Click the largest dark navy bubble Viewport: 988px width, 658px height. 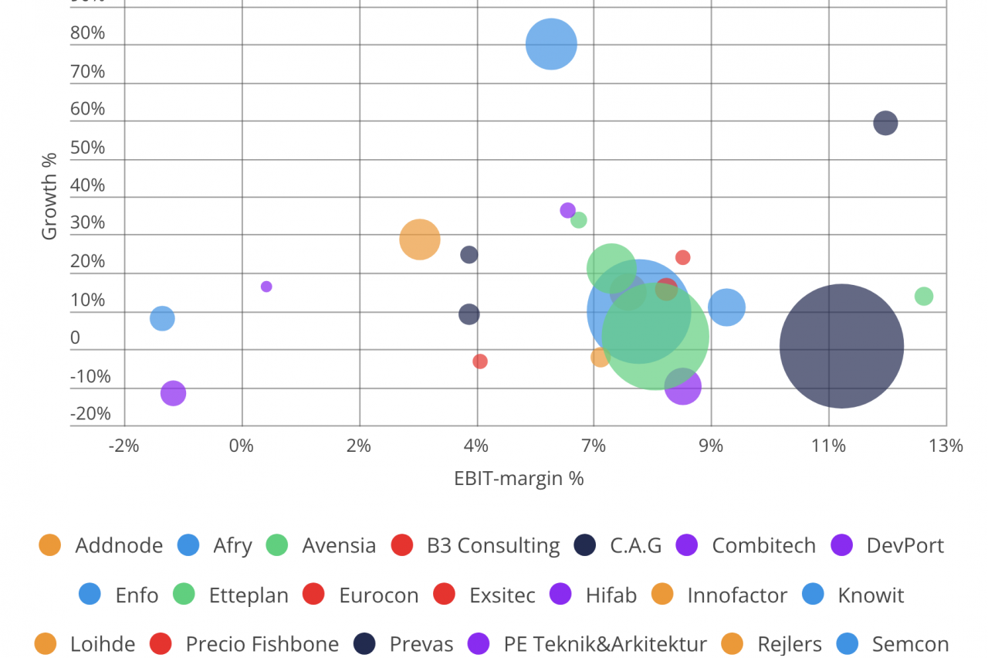coord(841,346)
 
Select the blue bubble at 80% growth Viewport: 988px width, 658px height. coord(551,44)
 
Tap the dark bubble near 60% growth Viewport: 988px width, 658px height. coord(885,123)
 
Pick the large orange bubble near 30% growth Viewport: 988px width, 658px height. coord(420,239)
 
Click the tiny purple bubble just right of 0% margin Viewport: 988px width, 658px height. coord(266,287)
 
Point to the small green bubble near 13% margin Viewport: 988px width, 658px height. coord(923,297)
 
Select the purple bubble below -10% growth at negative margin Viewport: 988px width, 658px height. coord(174,393)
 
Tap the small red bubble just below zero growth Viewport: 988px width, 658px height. coord(480,361)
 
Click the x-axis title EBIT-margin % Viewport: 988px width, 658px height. coord(519,478)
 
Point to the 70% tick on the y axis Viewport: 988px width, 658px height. coord(87,72)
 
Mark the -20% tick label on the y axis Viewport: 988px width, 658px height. coord(90,414)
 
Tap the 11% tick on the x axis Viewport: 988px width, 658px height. coord(828,446)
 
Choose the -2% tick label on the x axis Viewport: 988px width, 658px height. coord(123,446)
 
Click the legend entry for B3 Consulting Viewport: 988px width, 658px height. coord(492,545)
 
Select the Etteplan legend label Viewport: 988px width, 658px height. coord(249,595)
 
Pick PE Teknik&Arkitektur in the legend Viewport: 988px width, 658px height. coord(605,644)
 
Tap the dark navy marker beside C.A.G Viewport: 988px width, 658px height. coord(585,545)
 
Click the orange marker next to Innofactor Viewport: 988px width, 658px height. coord(663,595)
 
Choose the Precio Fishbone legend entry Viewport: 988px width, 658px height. coord(262,644)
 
